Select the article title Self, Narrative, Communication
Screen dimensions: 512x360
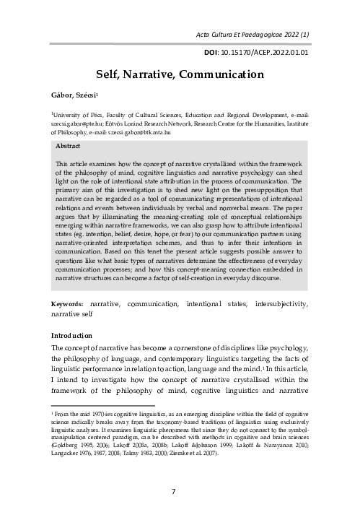pyautogui.click(x=180, y=73)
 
